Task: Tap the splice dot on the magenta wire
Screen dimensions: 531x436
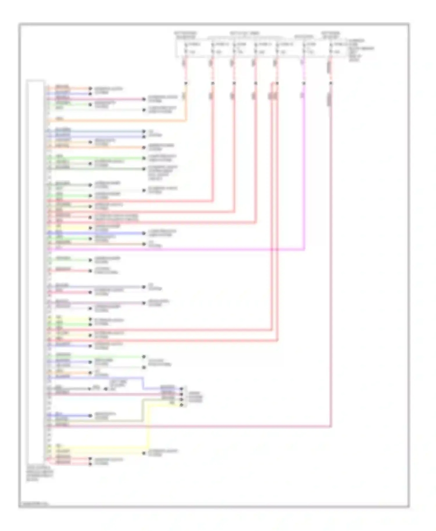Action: tap(304, 83)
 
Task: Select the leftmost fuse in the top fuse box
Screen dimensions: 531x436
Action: tap(186, 48)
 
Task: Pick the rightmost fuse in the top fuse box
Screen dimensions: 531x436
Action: tap(330, 48)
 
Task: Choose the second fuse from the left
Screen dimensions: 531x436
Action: tap(212, 48)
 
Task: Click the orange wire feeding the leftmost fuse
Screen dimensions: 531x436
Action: tap(116, 121)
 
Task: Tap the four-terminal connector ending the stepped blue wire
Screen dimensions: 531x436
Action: tap(182, 397)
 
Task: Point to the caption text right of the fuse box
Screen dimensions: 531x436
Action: tap(360, 50)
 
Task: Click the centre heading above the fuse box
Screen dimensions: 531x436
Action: tap(244, 33)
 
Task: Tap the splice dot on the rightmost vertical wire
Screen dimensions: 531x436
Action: tap(331, 83)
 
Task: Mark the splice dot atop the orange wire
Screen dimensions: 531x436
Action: tap(186, 83)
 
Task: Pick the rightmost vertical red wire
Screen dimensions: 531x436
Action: tap(331, 261)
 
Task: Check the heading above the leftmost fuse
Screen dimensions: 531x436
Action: tap(185, 35)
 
